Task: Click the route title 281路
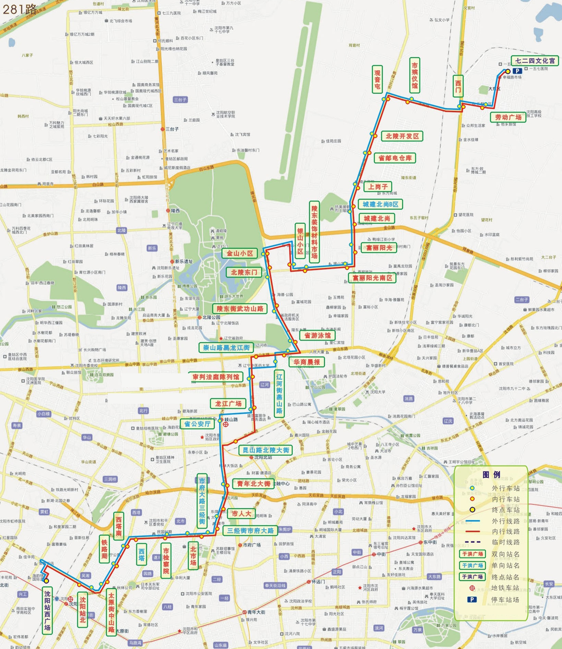19,9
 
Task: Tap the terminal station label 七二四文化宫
535,61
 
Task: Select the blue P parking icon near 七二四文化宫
517,71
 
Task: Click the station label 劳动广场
508,117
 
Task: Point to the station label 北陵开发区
402,136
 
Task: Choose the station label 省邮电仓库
395,158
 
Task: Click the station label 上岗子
377,187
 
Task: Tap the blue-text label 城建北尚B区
380,204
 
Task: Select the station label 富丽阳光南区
372,278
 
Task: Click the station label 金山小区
240,253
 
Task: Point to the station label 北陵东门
244,272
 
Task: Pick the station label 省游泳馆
317,335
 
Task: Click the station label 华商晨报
306,362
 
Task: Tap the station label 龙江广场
228,403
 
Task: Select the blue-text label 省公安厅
197,424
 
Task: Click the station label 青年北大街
253,484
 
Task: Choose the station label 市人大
241,514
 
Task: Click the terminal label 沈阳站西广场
47,611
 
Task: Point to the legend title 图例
491,475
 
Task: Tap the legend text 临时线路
505,542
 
